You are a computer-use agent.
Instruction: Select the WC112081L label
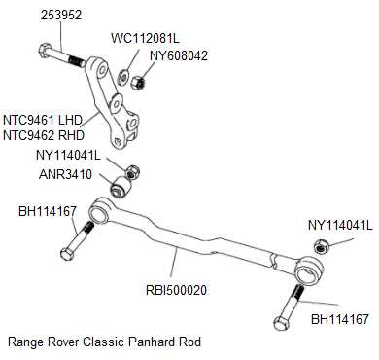pyautogui.click(x=147, y=38)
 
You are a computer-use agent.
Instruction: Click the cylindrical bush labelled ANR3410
pyautogui.click(x=124, y=185)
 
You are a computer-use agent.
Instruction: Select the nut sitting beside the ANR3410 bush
pyautogui.click(x=134, y=171)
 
